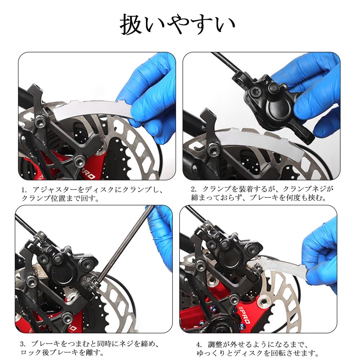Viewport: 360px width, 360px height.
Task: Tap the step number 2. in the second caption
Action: [x=194, y=189]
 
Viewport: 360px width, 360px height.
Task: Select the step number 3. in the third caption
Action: [x=23, y=344]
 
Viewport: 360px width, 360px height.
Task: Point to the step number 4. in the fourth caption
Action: [x=199, y=345]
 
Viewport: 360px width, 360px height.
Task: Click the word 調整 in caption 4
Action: [x=215, y=345]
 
